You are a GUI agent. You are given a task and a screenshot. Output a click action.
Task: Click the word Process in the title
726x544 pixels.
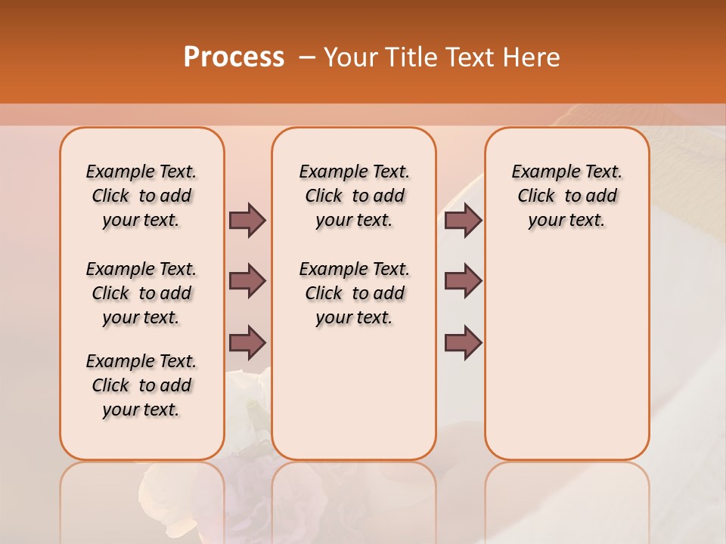click(234, 57)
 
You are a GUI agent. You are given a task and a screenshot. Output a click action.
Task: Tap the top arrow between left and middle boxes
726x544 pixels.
click(247, 220)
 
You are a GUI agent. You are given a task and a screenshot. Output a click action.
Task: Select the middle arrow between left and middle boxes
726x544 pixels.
click(247, 281)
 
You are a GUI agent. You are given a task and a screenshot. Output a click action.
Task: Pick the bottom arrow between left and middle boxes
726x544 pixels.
click(247, 342)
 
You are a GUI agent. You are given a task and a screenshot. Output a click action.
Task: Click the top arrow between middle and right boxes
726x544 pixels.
click(463, 220)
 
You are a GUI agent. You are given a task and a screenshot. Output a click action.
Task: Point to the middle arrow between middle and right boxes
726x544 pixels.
click(463, 281)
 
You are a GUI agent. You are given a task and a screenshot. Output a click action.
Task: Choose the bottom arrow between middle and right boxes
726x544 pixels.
click(463, 342)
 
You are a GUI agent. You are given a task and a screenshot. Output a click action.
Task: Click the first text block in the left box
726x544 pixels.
click(141, 196)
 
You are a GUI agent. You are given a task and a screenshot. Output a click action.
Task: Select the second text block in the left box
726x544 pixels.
click(141, 293)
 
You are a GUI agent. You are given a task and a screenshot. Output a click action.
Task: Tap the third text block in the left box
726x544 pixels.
click(141, 385)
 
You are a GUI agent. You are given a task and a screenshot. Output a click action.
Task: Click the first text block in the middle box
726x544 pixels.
click(354, 196)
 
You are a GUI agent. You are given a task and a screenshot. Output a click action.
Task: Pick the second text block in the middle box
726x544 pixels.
click(354, 293)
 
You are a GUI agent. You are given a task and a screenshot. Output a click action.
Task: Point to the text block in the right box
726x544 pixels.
click(566, 196)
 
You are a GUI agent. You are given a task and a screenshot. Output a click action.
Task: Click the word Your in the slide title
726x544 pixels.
click(349, 57)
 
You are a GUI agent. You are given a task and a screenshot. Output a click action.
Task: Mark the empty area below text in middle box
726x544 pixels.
click(354, 393)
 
